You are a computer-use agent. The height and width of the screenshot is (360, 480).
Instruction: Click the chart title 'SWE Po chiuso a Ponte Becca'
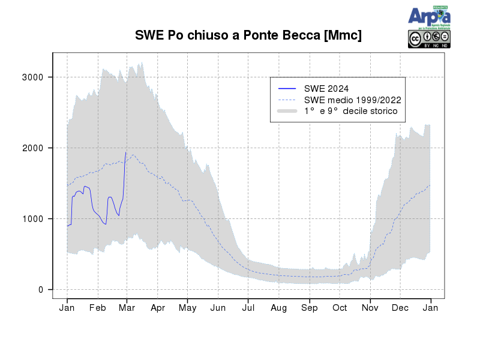click(x=248, y=35)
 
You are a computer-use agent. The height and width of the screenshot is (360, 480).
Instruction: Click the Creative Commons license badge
click(x=429, y=38)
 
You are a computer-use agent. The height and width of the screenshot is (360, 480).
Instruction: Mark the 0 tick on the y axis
click(x=41, y=290)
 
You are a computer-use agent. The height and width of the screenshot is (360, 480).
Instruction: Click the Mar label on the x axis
click(x=127, y=308)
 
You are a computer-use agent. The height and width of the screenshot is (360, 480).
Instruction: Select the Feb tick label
click(x=98, y=308)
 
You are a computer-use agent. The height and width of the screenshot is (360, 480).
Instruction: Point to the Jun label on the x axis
click(x=218, y=308)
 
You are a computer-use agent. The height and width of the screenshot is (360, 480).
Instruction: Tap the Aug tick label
click(x=279, y=308)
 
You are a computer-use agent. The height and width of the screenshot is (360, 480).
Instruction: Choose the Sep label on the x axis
click(x=310, y=308)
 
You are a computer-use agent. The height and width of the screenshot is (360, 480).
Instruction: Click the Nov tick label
click(x=370, y=308)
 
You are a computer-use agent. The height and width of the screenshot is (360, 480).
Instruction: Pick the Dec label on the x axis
click(x=400, y=308)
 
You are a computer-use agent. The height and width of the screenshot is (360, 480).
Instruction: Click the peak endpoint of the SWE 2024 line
click(x=125, y=152)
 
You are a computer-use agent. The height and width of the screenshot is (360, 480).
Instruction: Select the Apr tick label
click(x=158, y=308)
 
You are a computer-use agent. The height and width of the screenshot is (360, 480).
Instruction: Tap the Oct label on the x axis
click(x=340, y=308)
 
